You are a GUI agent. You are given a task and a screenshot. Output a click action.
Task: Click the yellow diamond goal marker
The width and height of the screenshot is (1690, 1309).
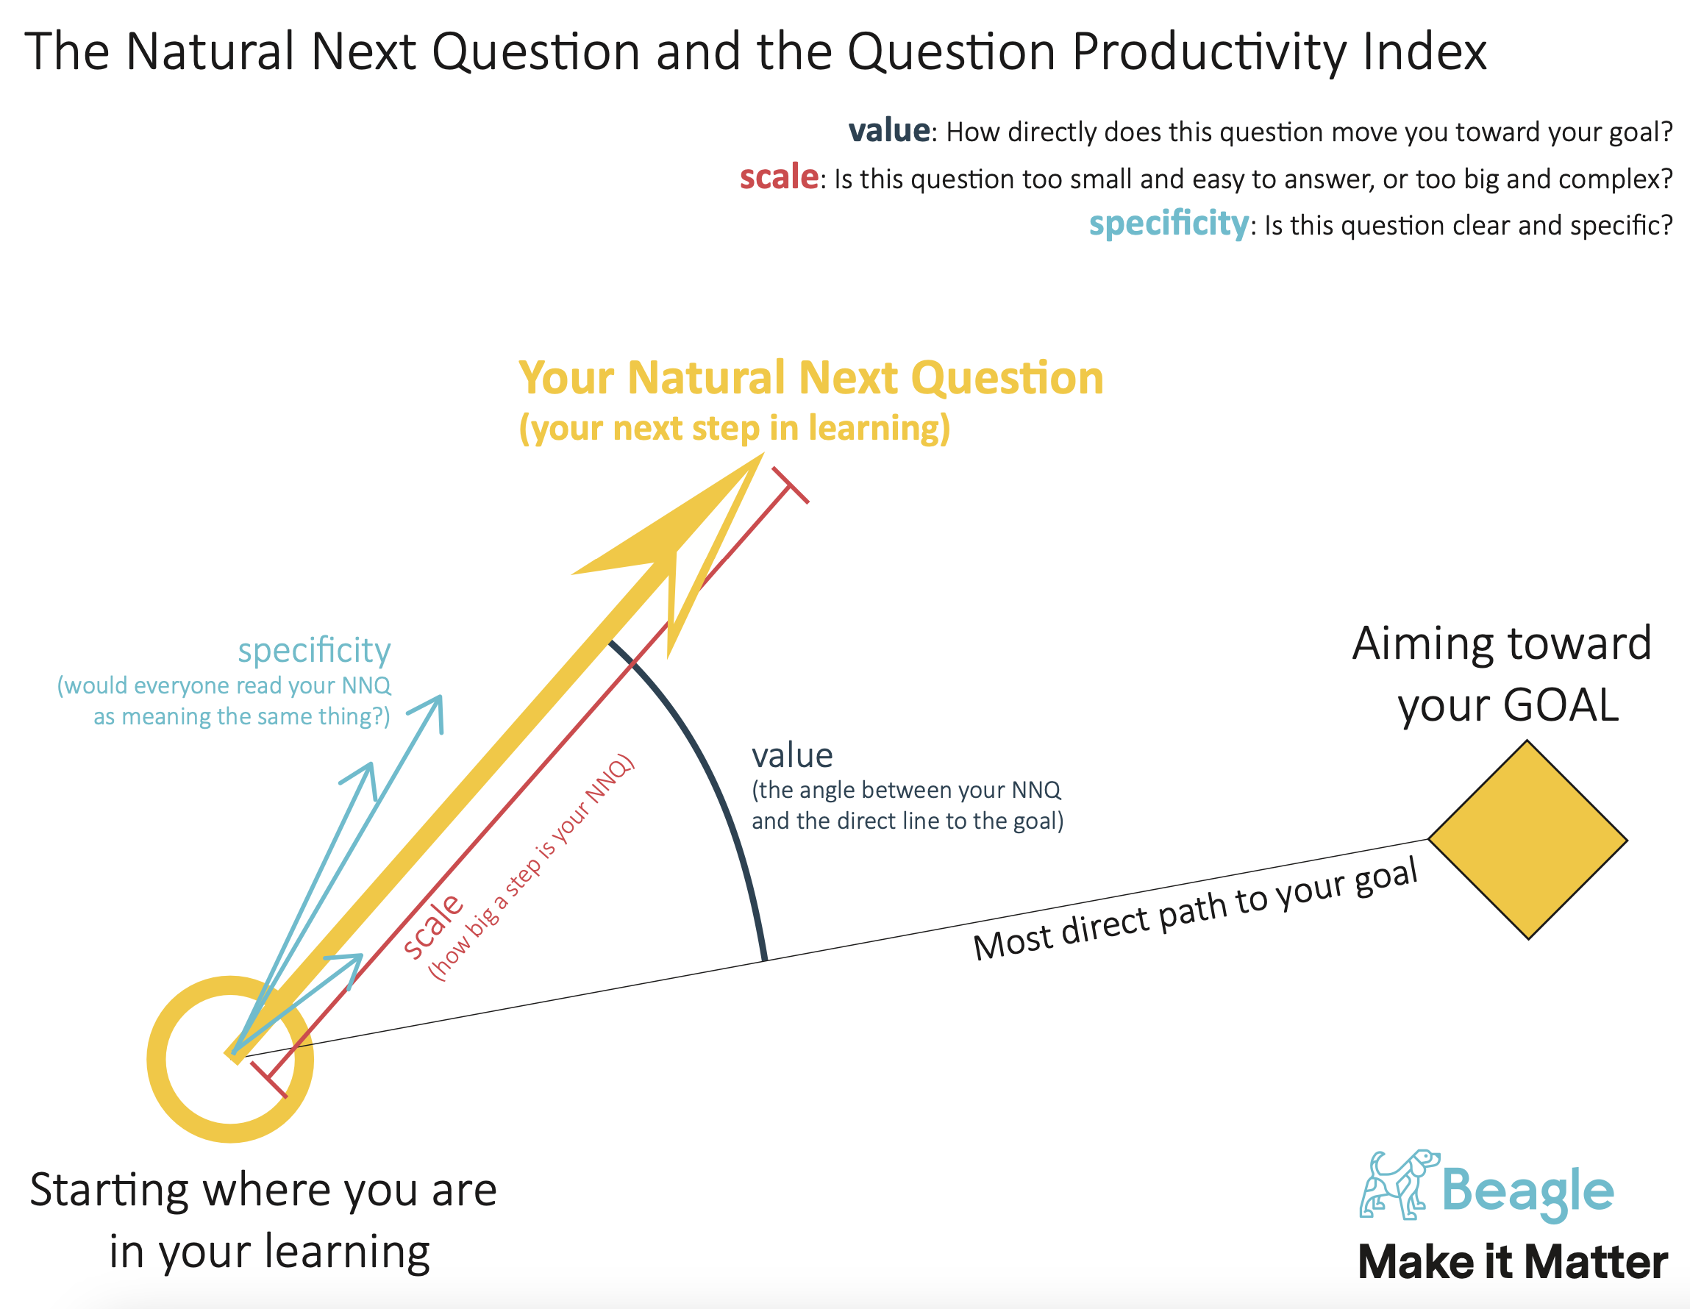(1527, 840)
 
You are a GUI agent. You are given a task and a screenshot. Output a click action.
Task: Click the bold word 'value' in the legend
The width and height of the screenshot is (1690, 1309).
(889, 131)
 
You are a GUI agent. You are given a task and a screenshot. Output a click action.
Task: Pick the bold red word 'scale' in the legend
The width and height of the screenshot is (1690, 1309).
(780, 177)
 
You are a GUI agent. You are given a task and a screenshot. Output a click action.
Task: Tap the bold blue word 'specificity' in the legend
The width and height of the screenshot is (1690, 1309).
(1169, 224)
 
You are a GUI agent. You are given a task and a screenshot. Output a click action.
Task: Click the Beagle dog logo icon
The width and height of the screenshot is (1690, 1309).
(1399, 1185)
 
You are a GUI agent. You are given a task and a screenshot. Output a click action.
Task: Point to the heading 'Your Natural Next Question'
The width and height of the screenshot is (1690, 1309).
(811, 378)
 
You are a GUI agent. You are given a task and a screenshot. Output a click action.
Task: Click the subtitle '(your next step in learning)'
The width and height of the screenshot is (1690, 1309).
(735, 428)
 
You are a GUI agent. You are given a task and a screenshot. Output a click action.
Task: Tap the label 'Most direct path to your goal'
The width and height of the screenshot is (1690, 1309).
(1196, 910)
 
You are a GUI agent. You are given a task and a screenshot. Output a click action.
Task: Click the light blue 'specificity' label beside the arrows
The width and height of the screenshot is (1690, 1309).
(314, 651)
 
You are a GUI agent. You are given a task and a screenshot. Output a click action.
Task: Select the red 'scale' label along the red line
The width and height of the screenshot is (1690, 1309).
(432, 927)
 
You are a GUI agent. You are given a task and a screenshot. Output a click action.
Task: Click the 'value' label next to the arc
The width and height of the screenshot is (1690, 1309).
(792, 755)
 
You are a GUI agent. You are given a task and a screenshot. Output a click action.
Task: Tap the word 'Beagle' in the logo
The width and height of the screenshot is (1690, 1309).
(1527, 1191)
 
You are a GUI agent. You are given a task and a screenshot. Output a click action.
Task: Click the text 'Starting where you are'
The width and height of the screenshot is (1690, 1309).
(263, 1190)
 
